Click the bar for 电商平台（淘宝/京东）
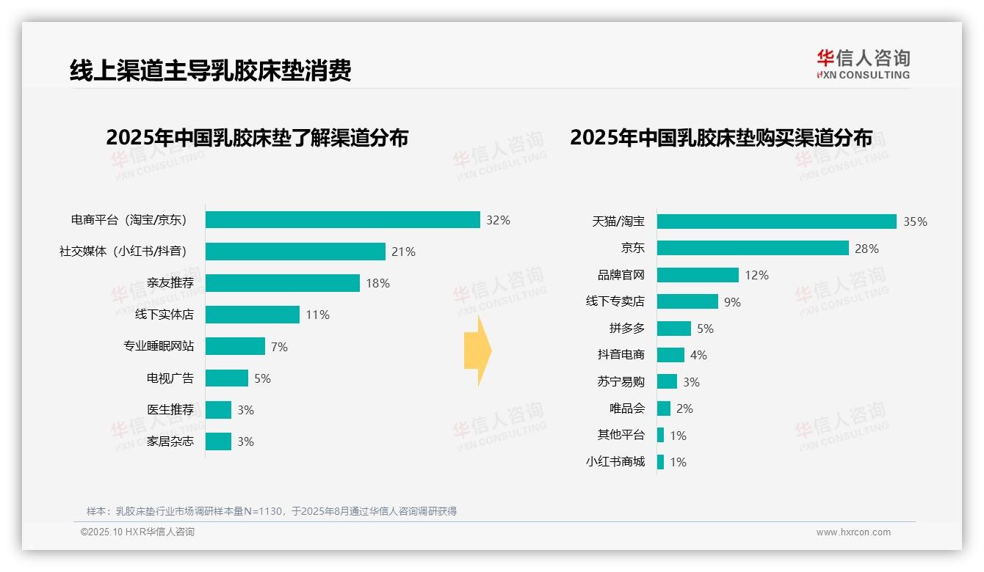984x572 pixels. (x=342, y=220)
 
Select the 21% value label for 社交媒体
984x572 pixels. (x=403, y=252)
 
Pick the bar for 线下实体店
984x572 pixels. (x=252, y=315)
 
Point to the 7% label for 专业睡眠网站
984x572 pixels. (x=279, y=347)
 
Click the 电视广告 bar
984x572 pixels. (x=226, y=378)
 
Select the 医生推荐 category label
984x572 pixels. (x=170, y=410)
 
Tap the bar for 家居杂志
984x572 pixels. (x=218, y=441)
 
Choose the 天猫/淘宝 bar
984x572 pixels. (x=776, y=221)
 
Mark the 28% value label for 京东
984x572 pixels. (x=867, y=249)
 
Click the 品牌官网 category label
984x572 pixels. (x=621, y=275)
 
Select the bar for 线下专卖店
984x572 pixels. (x=687, y=301)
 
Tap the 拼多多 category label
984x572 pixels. (x=626, y=329)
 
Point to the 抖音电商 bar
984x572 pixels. (x=670, y=355)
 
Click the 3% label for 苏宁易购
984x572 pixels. (x=691, y=382)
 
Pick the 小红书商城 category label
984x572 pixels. (x=615, y=462)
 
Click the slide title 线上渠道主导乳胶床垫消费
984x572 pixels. (x=210, y=70)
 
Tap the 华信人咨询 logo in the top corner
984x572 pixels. (x=863, y=65)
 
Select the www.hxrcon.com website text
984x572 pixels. (x=853, y=532)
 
